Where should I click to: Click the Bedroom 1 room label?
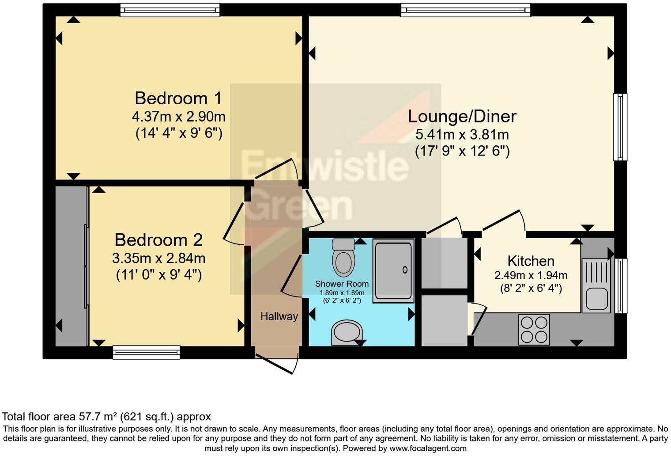pos(178,98)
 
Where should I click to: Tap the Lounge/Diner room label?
pos(462,116)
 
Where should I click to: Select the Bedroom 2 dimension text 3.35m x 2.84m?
pos(158,258)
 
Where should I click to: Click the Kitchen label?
pos(531,261)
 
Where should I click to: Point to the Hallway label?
pos(279,316)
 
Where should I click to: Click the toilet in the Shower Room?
pos(343,258)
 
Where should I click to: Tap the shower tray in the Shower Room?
pos(393,270)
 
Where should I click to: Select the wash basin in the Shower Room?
pos(347,333)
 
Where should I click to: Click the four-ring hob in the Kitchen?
pos(534,330)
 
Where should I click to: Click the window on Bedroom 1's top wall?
pos(170,10)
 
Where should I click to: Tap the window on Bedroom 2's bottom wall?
pos(146,352)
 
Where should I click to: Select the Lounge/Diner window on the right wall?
pos(620,127)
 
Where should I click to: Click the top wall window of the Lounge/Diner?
pos(465,10)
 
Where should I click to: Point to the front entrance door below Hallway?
pos(277,363)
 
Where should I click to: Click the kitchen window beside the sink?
pos(621,285)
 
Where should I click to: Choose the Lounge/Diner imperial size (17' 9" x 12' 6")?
pos(462,152)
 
